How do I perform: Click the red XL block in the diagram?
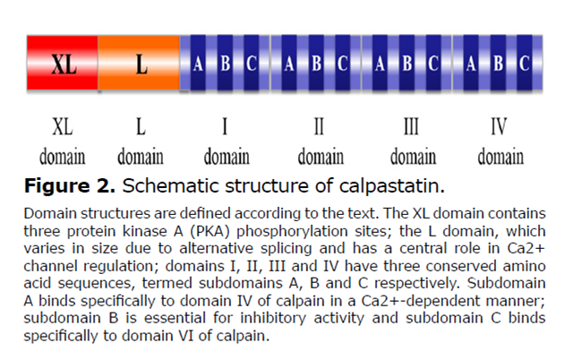tap(62, 64)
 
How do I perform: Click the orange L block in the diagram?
tap(139, 64)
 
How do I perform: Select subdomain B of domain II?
tap(316, 64)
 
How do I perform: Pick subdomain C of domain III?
tap(433, 64)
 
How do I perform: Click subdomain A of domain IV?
tap(472, 64)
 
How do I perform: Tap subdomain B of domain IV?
tap(498, 64)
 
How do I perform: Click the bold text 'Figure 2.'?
tap(70, 186)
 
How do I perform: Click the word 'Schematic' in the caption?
tap(175, 186)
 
